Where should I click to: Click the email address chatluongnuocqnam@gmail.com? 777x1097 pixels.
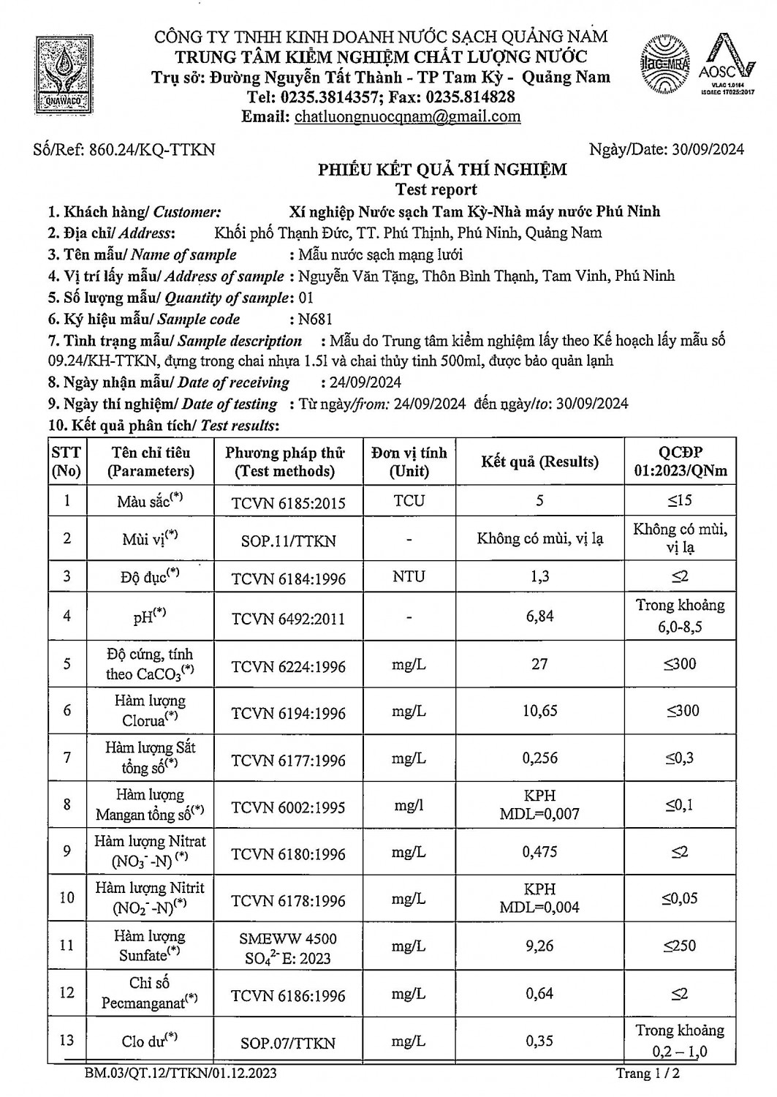click(x=407, y=116)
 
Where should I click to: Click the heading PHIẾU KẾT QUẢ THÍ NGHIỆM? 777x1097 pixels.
click(x=442, y=170)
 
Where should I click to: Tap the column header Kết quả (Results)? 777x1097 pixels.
click(x=539, y=461)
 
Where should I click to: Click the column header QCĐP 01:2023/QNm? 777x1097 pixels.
click(x=680, y=461)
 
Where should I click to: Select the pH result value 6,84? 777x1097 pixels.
click(x=539, y=616)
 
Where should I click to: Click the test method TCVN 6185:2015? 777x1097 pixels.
click(x=288, y=503)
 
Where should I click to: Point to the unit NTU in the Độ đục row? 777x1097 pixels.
click(x=408, y=576)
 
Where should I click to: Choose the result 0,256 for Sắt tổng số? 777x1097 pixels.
click(x=539, y=758)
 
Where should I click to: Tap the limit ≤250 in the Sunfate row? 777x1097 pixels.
click(x=680, y=946)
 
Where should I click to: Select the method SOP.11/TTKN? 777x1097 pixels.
click(x=288, y=541)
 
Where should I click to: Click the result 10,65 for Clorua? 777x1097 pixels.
click(x=539, y=711)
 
